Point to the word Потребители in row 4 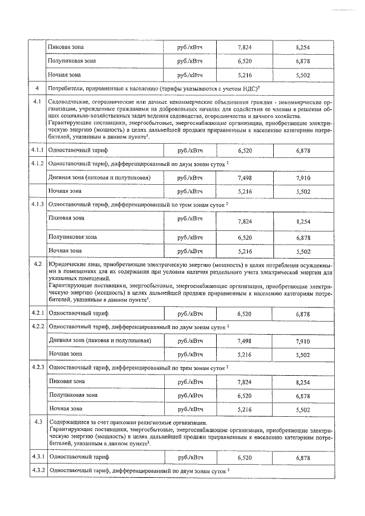coord(66,88)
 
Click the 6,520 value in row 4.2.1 coord(244,314)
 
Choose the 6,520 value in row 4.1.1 coord(244,149)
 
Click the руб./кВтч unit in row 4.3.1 coord(190,457)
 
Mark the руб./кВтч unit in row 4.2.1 coord(190,314)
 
